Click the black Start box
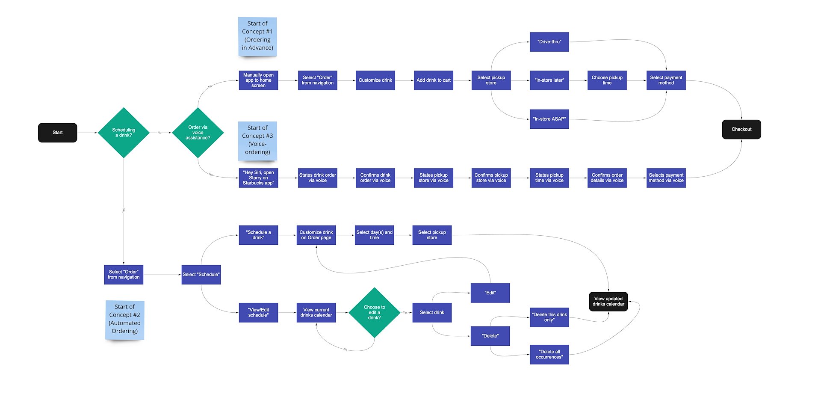coord(57,133)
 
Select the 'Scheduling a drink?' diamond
coord(124,133)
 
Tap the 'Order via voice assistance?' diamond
coord(198,133)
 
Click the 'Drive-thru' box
coord(549,42)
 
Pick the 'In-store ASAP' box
coord(549,119)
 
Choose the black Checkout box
coord(741,129)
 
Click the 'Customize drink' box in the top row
coord(375,80)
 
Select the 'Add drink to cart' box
coord(433,80)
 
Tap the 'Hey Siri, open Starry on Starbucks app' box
coord(258,178)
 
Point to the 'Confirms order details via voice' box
coord(607,178)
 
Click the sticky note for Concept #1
coord(257,36)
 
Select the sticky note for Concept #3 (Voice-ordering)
coord(257,140)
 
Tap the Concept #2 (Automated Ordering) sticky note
coord(124,320)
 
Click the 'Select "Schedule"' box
coord(201,275)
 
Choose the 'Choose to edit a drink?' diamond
coord(374,313)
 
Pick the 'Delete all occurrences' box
coord(549,355)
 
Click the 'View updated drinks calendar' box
coord(608,302)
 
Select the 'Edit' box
coord(490,293)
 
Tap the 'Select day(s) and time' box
coord(374,235)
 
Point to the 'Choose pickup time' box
coord(607,80)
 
